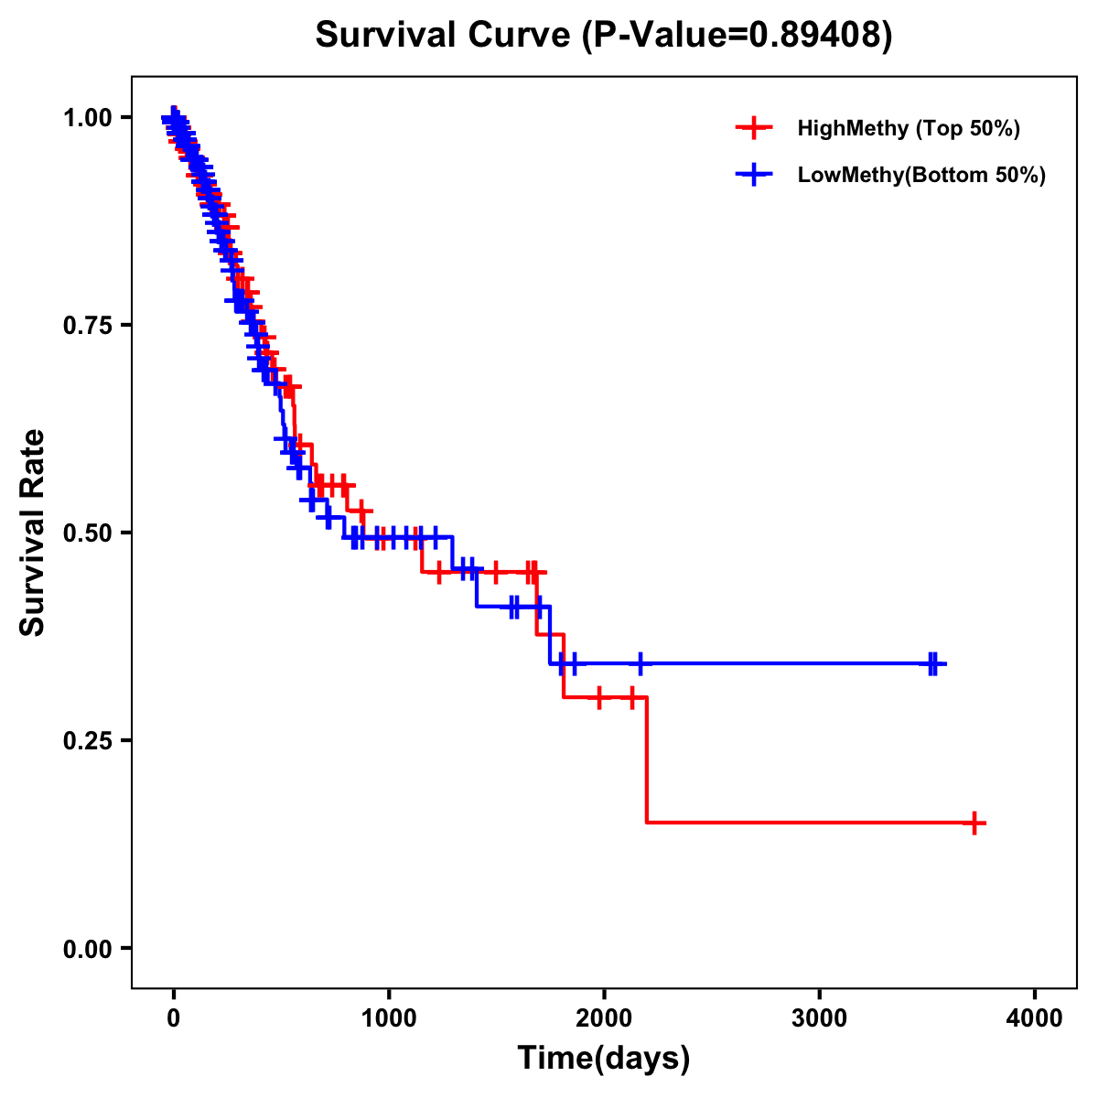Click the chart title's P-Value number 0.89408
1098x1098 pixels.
pyautogui.click(x=816, y=36)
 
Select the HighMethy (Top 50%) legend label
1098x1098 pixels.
pyautogui.click(x=909, y=128)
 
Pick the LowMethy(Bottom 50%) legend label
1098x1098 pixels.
pyautogui.click(x=921, y=175)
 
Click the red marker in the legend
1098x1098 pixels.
pyautogui.click(x=754, y=128)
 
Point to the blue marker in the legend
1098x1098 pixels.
pyautogui.click(x=754, y=175)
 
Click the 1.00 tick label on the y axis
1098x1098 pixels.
pyautogui.click(x=87, y=118)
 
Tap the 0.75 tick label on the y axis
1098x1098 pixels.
pyautogui.click(x=87, y=326)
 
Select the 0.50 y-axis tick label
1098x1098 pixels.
pyautogui.click(x=87, y=533)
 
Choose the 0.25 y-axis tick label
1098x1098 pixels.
pyautogui.click(x=87, y=741)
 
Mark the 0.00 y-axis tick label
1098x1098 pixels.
pyautogui.click(x=87, y=949)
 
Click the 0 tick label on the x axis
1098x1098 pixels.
pyautogui.click(x=173, y=1017)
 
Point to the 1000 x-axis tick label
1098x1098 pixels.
pyautogui.click(x=389, y=1017)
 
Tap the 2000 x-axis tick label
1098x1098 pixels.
pyautogui.click(x=604, y=1017)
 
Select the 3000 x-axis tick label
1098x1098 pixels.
pyautogui.click(x=820, y=1017)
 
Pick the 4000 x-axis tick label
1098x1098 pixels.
pyautogui.click(x=1035, y=1017)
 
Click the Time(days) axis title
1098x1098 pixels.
pyautogui.click(x=604, y=1059)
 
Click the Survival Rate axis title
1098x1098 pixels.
pyautogui.click(x=34, y=533)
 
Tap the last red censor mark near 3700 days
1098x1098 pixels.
pyautogui.click(x=975, y=823)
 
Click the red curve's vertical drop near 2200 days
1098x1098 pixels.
pyautogui.click(x=647, y=759)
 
